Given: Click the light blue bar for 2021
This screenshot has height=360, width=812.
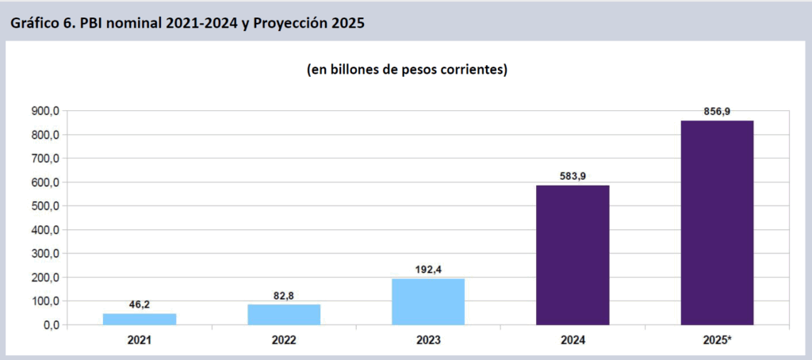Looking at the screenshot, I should pos(140,319).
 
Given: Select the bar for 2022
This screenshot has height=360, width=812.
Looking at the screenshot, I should pos(284,314).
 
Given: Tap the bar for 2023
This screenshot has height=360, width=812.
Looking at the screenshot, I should pos(428,301).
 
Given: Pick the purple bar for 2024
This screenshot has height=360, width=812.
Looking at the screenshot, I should pos(573,255).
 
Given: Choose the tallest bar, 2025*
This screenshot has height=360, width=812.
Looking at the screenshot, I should pos(717,222).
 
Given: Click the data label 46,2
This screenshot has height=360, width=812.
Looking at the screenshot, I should pos(140,304).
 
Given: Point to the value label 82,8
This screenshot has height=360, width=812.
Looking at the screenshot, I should pos(284,295).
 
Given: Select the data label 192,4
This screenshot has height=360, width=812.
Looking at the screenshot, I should pos(428,269).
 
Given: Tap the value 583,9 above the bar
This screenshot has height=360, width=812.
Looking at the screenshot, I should pos(573,175).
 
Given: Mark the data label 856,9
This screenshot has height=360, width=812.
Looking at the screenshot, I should pos(717,111).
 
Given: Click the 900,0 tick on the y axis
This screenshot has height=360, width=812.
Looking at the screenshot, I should pos(45,111).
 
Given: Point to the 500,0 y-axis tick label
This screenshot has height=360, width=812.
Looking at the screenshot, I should pos(45,206).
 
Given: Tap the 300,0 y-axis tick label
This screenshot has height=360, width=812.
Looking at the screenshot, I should pos(45,254).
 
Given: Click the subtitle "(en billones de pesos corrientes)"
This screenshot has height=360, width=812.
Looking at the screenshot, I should pos(407,70).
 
